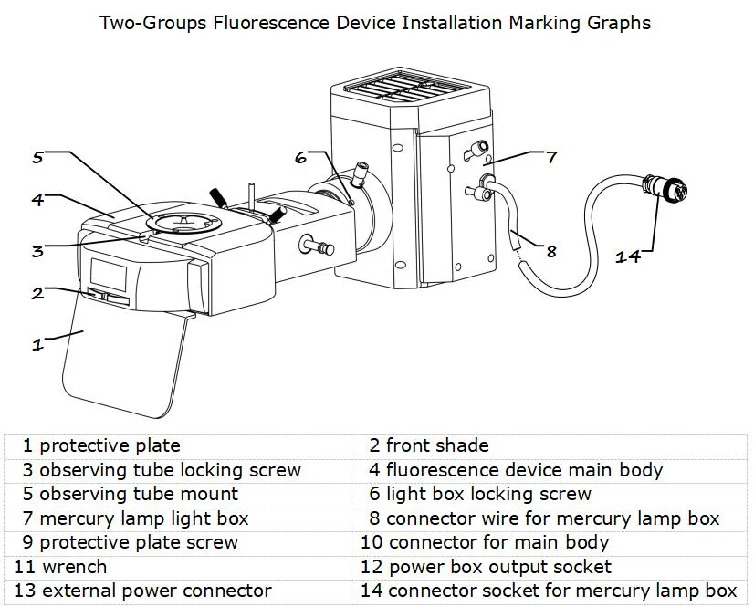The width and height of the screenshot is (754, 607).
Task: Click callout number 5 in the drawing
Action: tap(37, 157)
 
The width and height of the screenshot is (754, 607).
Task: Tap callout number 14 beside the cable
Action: tap(628, 256)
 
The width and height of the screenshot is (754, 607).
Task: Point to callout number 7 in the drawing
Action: tap(551, 157)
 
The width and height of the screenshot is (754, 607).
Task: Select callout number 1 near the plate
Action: tap(37, 344)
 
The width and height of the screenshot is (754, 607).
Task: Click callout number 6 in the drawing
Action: tap(301, 157)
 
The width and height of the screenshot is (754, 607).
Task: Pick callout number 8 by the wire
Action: tap(550, 251)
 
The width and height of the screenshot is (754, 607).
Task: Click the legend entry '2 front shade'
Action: tap(429, 446)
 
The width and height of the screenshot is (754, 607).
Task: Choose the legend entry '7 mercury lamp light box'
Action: tap(136, 518)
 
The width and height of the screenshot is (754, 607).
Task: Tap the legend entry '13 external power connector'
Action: tap(142, 591)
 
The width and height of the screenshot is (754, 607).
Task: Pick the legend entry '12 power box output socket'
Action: tap(486, 567)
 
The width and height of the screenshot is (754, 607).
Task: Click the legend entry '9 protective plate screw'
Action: tap(131, 542)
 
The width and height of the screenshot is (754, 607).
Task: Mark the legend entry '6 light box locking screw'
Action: tap(480, 495)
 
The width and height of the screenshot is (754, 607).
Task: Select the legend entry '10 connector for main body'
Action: tap(485, 542)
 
